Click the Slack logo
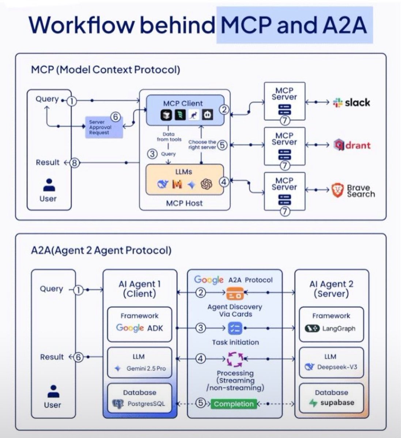[x=337, y=103]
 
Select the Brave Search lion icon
[x=337, y=191]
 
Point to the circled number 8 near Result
[x=75, y=163]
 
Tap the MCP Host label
[x=184, y=203]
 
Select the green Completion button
[x=234, y=404]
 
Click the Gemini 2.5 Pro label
[x=146, y=368]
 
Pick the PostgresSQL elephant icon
[x=118, y=404]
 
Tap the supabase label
[x=337, y=403]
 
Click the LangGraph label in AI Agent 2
[x=338, y=328]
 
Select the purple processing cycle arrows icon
[x=235, y=359]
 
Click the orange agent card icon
[x=235, y=293]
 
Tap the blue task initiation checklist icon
[x=235, y=328]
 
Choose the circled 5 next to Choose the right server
[x=222, y=145]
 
